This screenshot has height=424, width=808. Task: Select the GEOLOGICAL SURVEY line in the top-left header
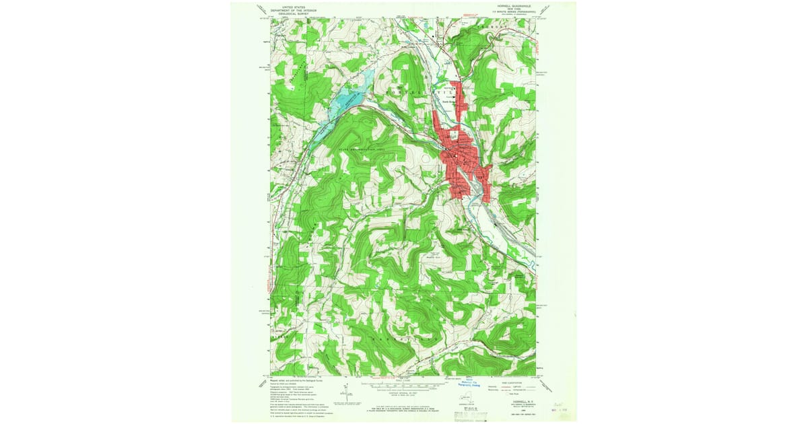point(289,12)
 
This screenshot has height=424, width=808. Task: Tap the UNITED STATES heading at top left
point(289,5)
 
